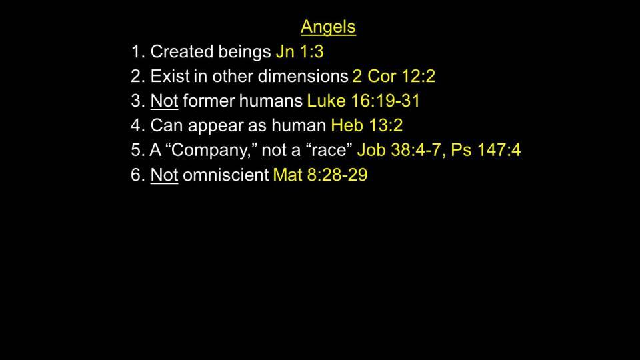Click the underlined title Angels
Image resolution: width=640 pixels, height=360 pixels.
[x=328, y=27]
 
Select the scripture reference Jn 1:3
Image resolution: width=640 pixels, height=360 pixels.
[x=299, y=52]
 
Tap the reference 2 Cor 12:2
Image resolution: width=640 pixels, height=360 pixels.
[x=394, y=76]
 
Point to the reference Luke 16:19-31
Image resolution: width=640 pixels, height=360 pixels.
[x=363, y=101]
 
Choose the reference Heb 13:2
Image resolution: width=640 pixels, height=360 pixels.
[x=367, y=125]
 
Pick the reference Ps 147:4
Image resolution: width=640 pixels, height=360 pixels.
[x=486, y=150]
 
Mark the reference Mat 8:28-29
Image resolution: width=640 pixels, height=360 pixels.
[x=320, y=175]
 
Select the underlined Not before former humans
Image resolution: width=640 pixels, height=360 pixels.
[x=164, y=101]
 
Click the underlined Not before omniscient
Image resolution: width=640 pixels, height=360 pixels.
[x=164, y=175]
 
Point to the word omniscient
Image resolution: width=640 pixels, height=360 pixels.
[x=226, y=175]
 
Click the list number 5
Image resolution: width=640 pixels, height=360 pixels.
[x=135, y=150]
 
